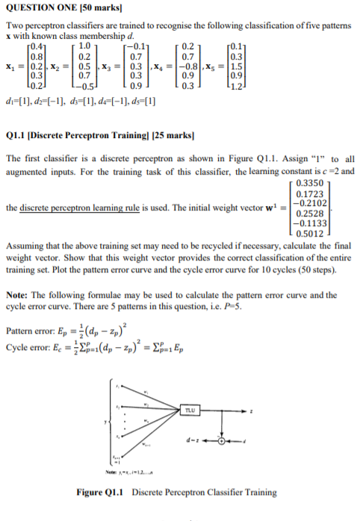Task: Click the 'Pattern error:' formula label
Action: [x=27, y=332]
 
